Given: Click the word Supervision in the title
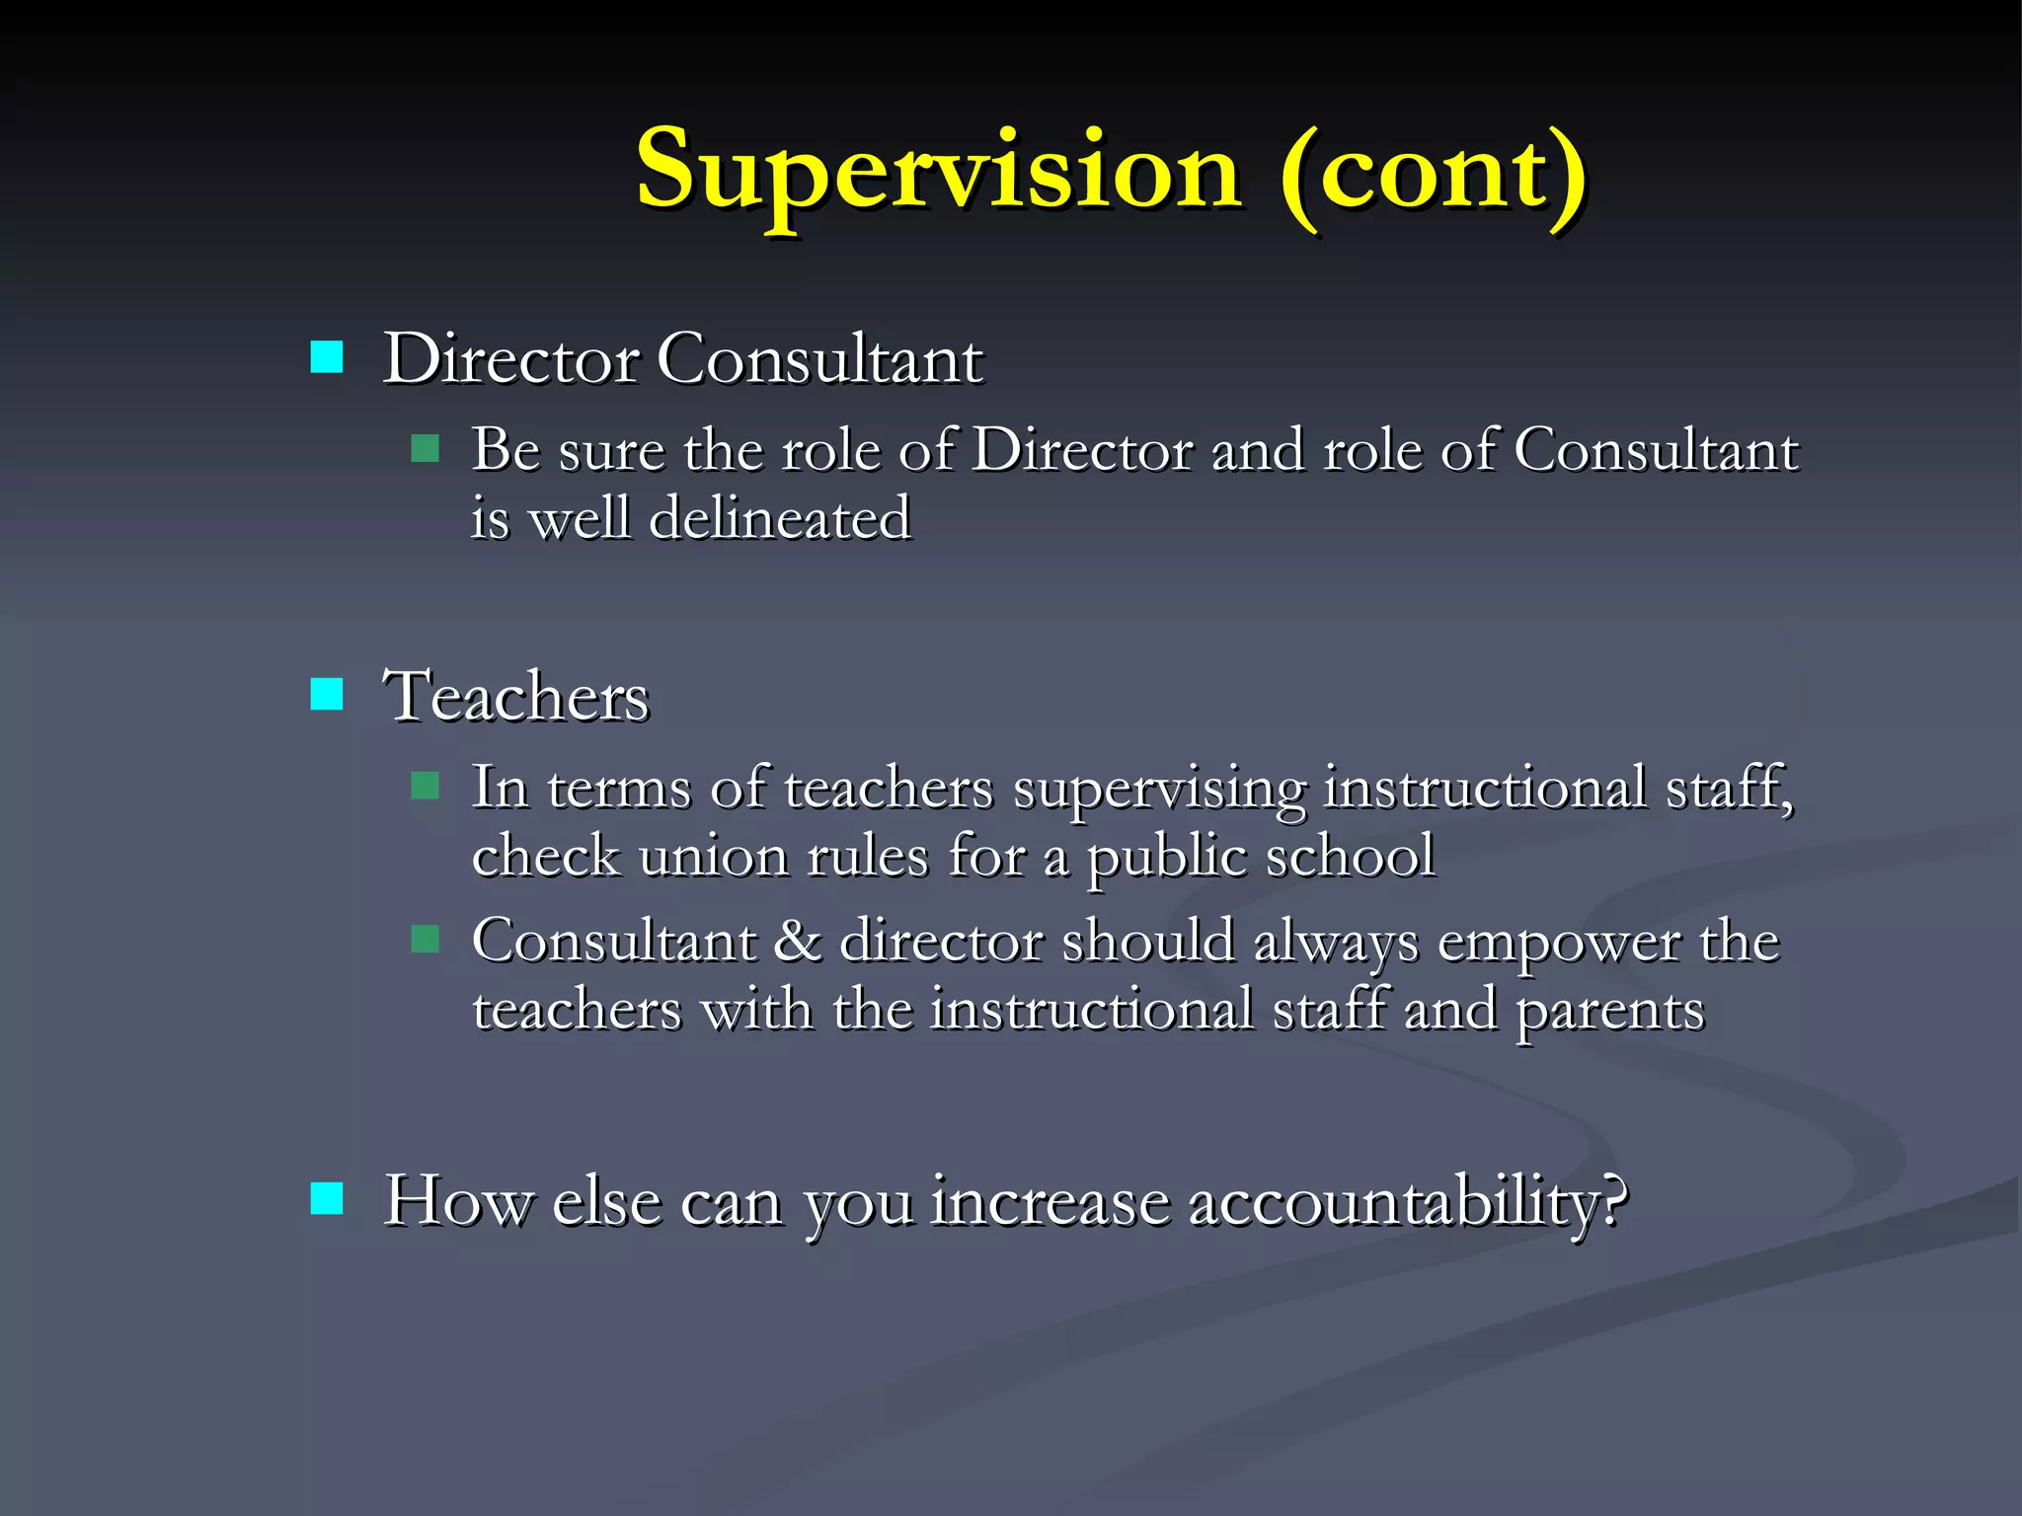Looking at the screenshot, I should [x=938, y=170].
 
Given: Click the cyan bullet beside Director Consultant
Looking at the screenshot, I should [x=327, y=357].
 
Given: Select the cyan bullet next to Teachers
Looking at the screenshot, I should [x=327, y=694].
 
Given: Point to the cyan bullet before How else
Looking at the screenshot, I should [x=327, y=1199].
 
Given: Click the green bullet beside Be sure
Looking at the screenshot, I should [x=425, y=449].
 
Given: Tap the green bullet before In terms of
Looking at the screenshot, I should [x=425, y=787].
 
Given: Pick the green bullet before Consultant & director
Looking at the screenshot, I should [x=425, y=939].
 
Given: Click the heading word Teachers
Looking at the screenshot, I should [x=516, y=696].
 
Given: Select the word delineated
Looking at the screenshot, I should [x=780, y=517].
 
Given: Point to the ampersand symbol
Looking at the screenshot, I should [x=797, y=940].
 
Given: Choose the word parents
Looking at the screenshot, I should [x=1610, y=1011].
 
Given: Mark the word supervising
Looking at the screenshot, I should [x=1160, y=790].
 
